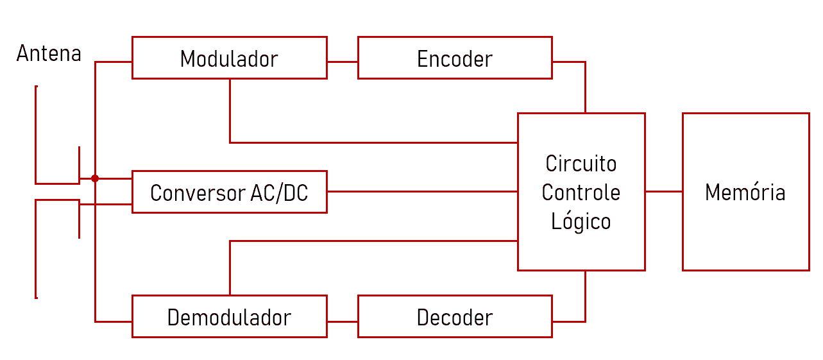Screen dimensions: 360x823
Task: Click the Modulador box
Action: tap(229, 58)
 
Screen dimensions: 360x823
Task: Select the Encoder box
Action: tap(455, 58)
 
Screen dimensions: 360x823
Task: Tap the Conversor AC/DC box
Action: tap(229, 192)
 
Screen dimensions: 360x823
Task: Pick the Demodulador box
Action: tap(229, 316)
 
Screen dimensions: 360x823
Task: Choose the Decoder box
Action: tap(455, 316)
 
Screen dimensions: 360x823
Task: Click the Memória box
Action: tap(745, 192)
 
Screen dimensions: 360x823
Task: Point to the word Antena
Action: tap(49, 53)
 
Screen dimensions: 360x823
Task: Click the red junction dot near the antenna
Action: tap(95, 178)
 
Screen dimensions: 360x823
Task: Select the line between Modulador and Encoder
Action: tap(343, 62)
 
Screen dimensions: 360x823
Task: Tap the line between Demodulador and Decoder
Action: tap(343, 321)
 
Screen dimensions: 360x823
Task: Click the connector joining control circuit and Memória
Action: tap(663, 191)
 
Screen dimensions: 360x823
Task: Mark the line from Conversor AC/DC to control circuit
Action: tap(422, 191)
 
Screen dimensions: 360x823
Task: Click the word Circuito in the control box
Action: tap(581, 163)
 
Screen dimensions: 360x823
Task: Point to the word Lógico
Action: tap(581, 221)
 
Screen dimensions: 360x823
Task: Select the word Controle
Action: tap(581, 192)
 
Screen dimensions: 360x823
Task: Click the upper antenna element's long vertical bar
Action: tap(36, 135)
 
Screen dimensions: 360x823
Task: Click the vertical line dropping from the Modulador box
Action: tap(230, 110)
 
